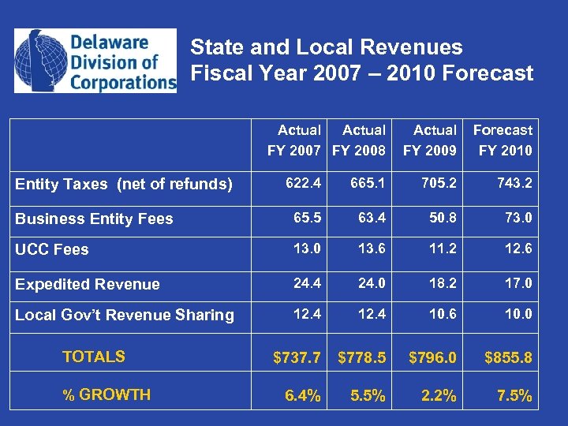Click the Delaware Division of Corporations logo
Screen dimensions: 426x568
click(x=95, y=61)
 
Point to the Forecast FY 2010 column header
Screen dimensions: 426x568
click(x=503, y=140)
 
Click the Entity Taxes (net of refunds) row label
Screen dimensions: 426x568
click(x=124, y=185)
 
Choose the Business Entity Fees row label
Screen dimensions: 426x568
click(x=94, y=219)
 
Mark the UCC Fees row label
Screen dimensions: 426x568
click(x=52, y=250)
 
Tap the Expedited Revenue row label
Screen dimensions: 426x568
click(x=88, y=285)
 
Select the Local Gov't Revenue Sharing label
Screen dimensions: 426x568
click(x=125, y=316)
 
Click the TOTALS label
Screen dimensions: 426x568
click(x=93, y=357)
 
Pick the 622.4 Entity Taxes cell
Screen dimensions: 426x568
click(x=303, y=184)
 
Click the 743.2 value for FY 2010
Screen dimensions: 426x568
click(x=514, y=184)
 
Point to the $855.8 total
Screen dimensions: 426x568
click(x=508, y=358)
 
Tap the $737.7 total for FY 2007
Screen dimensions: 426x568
click(x=297, y=358)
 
